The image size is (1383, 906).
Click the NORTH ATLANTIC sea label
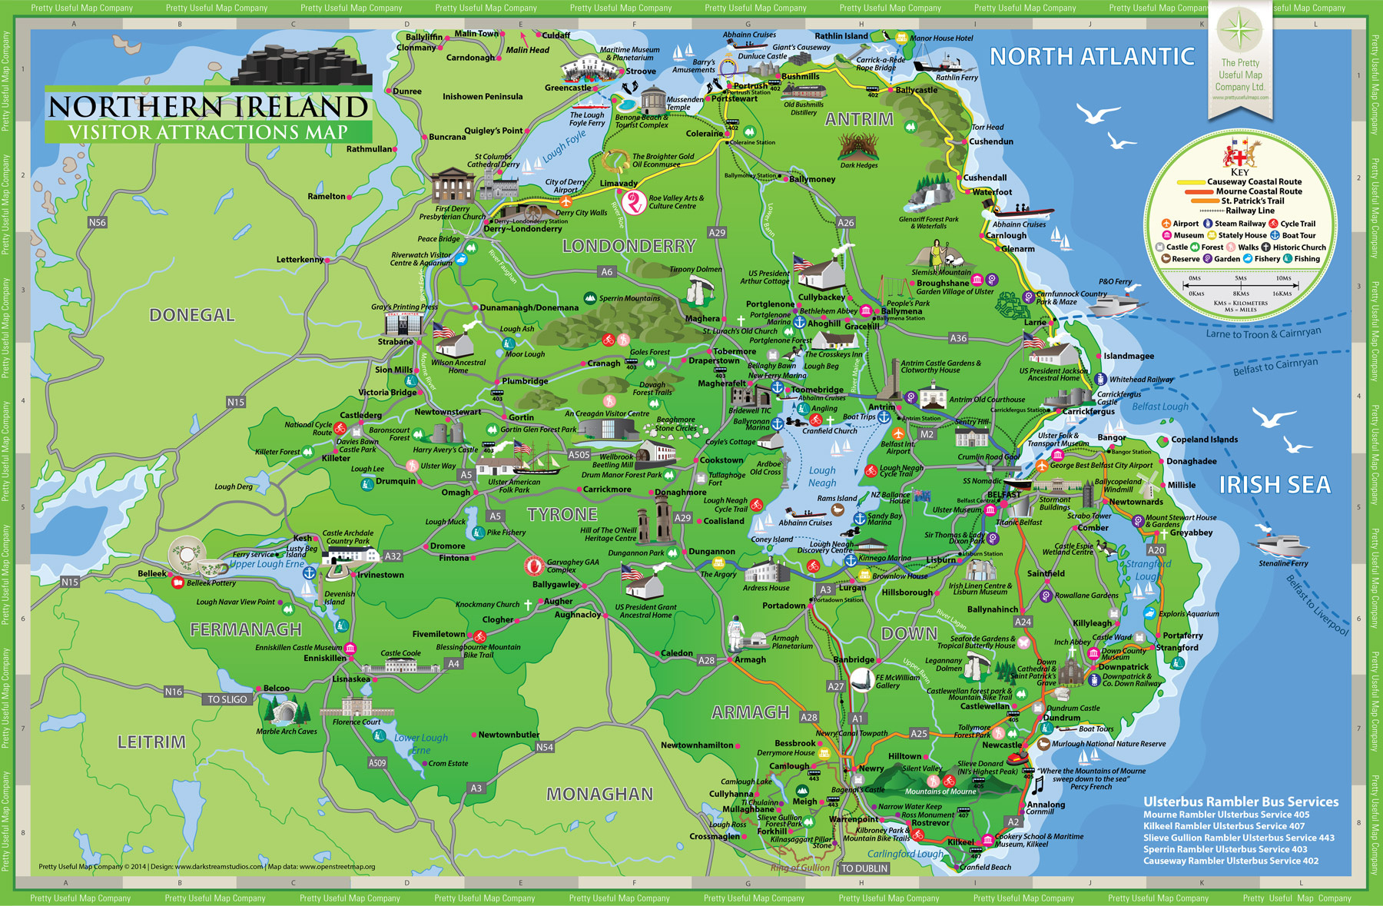click(x=1092, y=57)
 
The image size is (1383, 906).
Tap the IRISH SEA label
click(x=1275, y=485)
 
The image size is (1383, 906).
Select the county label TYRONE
click(x=562, y=514)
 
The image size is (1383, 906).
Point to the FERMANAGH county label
click(x=246, y=630)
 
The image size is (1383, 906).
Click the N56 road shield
click(x=98, y=223)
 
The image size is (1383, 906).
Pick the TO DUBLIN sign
click(x=864, y=868)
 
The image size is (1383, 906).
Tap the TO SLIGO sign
click(x=227, y=699)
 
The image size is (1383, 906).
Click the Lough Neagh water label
click(x=822, y=476)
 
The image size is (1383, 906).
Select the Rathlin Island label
click(x=841, y=36)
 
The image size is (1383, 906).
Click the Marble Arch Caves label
click(x=287, y=732)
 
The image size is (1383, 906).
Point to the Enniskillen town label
click(x=324, y=659)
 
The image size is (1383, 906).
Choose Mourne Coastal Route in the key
click(x=1259, y=191)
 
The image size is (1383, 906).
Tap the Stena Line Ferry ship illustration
click(x=1282, y=544)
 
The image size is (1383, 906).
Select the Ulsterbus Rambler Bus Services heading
click(x=1241, y=801)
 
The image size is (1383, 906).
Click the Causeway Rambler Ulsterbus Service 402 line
click(x=1231, y=861)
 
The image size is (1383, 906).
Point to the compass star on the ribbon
click(x=1239, y=31)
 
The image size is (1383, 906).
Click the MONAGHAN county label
click(x=599, y=794)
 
